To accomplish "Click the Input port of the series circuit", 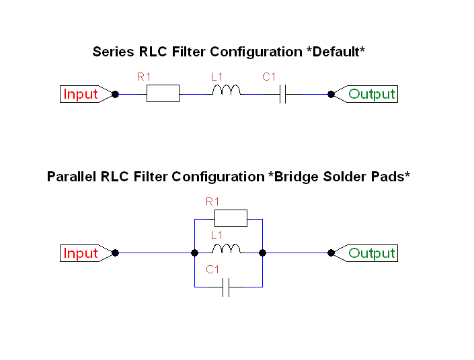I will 81,95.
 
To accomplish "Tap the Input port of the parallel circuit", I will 81,253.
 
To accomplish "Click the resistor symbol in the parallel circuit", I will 231,218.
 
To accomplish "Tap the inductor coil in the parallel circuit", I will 227,250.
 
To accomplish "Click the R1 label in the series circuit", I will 144,77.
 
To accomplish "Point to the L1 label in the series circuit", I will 216,77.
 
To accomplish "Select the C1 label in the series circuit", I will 269,77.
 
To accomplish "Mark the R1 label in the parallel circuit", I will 212,201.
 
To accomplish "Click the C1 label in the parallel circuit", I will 212,270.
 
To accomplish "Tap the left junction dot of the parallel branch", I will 194,253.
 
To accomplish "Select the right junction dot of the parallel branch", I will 262,253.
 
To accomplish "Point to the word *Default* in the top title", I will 335,52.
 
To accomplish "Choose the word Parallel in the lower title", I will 73,177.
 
